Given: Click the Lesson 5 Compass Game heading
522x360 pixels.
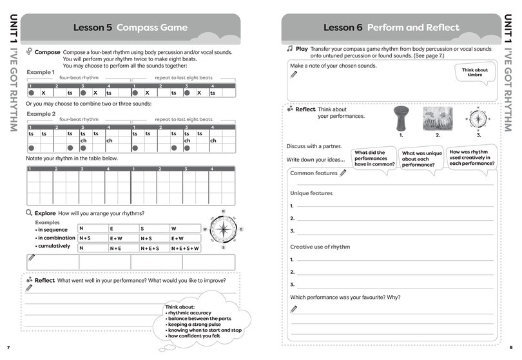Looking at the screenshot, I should (x=130, y=28).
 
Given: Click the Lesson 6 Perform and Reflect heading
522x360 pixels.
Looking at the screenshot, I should (x=391, y=28).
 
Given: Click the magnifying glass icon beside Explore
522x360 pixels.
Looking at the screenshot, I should (x=29, y=213).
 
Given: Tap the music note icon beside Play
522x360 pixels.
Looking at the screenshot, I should (x=290, y=48).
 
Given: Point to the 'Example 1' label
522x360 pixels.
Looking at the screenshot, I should (x=40, y=72).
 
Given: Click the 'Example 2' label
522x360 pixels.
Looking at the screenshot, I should (x=40, y=113).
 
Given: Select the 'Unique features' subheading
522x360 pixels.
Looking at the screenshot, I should (x=311, y=193).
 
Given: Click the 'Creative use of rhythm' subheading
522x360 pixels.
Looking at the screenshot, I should (x=320, y=247).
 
